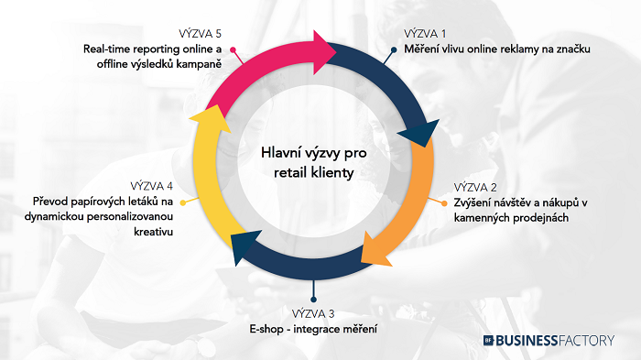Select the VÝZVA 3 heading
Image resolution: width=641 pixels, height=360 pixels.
click(x=314, y=313)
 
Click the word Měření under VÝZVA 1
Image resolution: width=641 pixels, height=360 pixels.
click(x=424, y=49)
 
